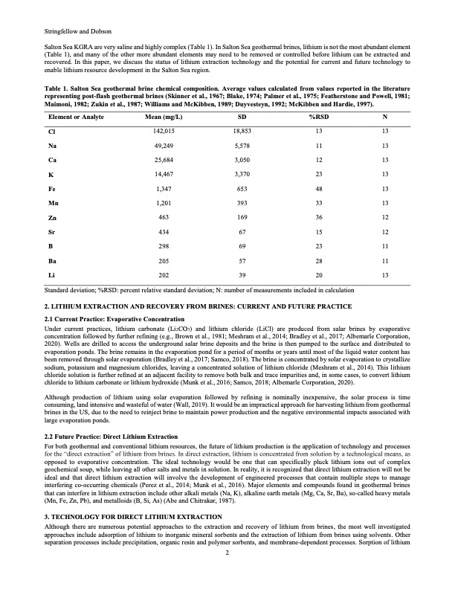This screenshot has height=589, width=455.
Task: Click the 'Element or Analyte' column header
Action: pos(76,118)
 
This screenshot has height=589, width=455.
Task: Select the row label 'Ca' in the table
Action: pos(52,161)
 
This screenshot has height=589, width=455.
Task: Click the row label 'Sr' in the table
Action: pos(52,232)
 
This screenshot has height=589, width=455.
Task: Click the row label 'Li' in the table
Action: pos(52,274)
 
